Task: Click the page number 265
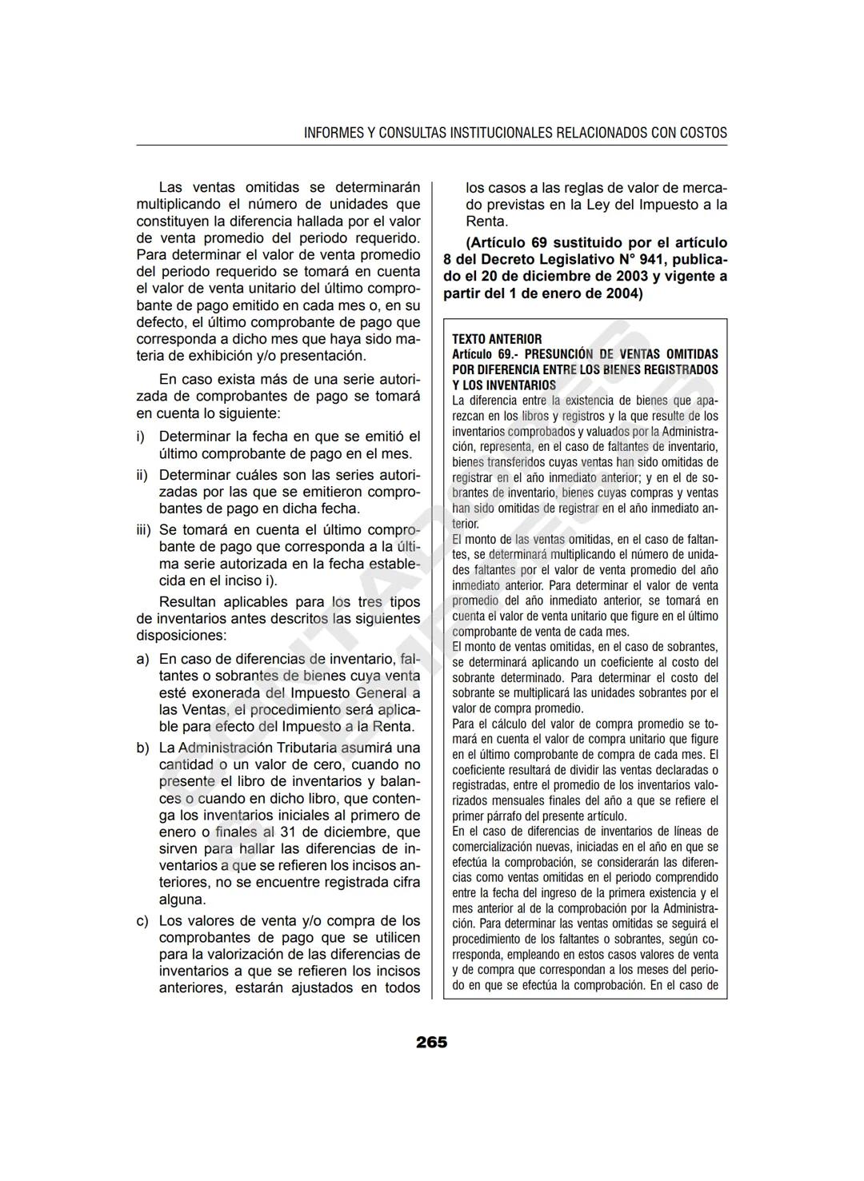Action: pos(431,1043)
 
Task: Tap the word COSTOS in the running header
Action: pos(703,133)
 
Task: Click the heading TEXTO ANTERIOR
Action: pos(496,339)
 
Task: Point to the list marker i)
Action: pos(141,437)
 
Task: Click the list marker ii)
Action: pos(142,475)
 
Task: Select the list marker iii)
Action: pos(143,529)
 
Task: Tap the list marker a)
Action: pos(142,659)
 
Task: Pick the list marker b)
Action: pos(142,748)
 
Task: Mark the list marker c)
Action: pos(142,920)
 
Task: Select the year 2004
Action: pos(618,293)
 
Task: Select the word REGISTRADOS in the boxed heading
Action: pos(680,369)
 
